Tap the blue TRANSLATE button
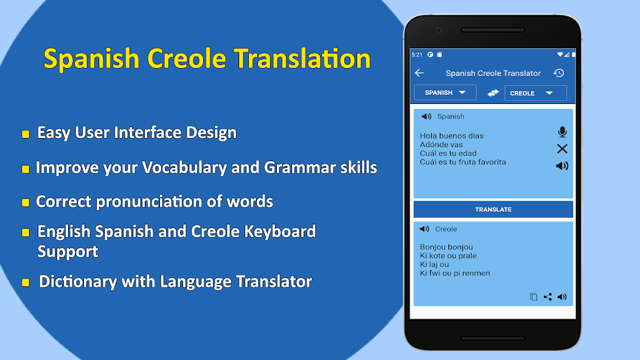[x=493, y=209]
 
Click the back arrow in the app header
[x=419, y=73]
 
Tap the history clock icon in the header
[x=558, y=73]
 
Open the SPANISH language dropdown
[x=445, y=92]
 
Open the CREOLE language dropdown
[x=535, y=93]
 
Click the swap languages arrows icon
[x=493, y=93]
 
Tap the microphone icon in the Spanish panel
[x=562, y=132]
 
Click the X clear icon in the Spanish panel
[x=562, y=149]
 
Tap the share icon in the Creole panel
[x=548, y=297]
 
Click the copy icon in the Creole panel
[x=534, y=297]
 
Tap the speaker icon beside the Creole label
[x=425, y=229]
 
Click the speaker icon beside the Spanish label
[x=426, y=116]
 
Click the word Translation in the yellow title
[x=302, y=59]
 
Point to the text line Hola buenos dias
[x=451, y=136]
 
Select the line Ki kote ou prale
[x=448, y=256]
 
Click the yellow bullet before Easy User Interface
[x=25, y=134]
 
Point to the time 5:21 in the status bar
[x=417, y=55]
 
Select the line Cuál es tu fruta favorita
[x=462, y=162]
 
